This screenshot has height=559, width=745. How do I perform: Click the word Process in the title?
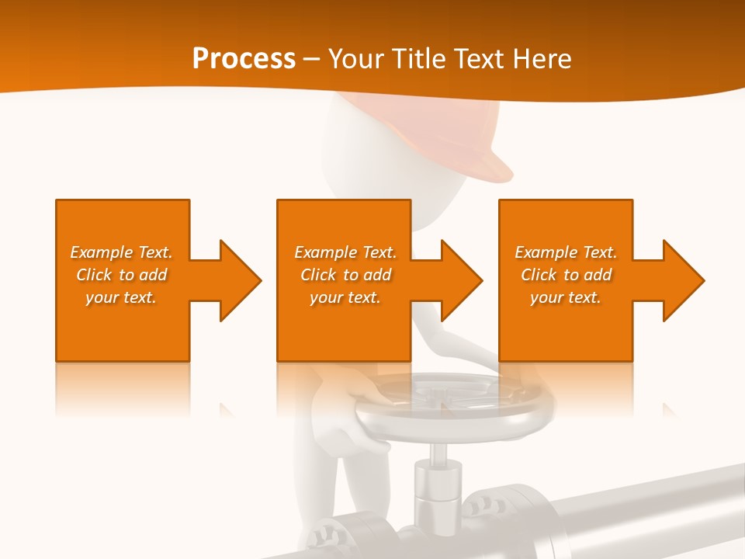[x=244, y=59]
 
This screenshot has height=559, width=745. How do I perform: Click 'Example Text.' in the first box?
[x=122, y=252]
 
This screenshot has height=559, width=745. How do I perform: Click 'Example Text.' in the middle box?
[x=345, y=252]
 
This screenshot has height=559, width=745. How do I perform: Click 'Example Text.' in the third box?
[x=566, y=252]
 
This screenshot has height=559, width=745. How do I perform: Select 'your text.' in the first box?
[x=122, y=297]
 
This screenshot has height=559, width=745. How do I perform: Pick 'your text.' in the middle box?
[x=345, y=297]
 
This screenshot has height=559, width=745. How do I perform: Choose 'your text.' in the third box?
[x=566, y=297]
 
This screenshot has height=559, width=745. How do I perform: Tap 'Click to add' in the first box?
[x=122, y=275]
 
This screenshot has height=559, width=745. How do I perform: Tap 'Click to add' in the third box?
[x=566, y=275]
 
